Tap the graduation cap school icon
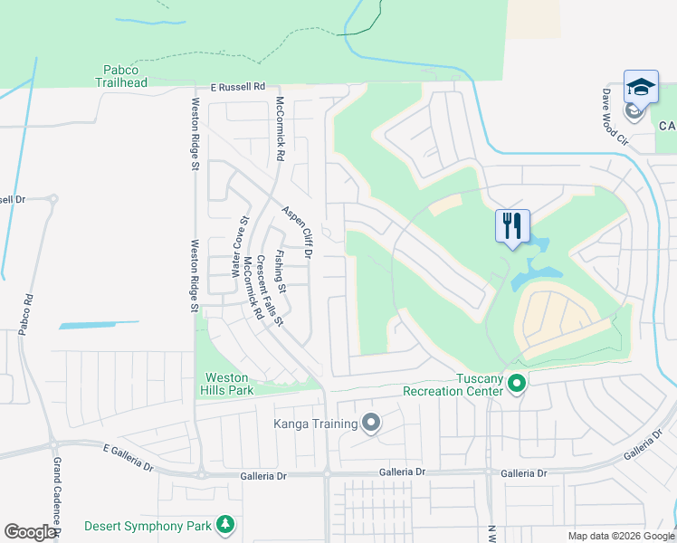[x=641, y=88]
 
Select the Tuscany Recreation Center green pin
[x=517, y=384]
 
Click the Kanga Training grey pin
[x=370, y=423]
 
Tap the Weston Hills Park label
[x=225, y=384]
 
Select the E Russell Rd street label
[x=237, y=88]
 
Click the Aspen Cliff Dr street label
[x=296, y=232]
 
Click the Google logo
[x=31, y=532]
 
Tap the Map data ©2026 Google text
[x=620, y=536]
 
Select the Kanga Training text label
[x=315, y=423]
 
